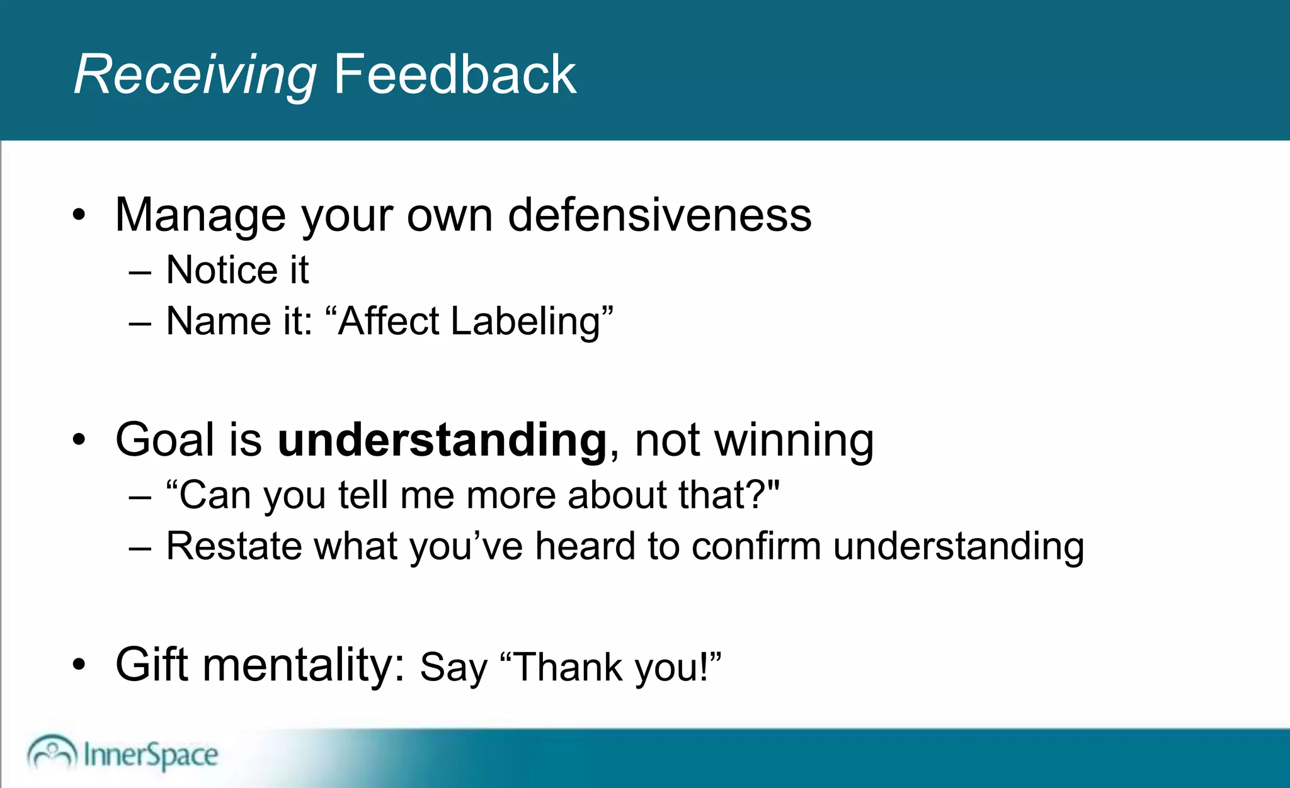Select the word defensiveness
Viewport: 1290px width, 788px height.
pyautogui.click(x=659, y=215)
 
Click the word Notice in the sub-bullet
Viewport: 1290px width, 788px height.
pyautogui.click(x=221, y=271)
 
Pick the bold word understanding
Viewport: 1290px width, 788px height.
pyautogui.click(x=442, y=440)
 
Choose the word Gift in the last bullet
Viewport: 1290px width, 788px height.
pyautogui.click(x=151, y=665)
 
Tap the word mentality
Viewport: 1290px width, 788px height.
pyautogui.click(x=303, y=666)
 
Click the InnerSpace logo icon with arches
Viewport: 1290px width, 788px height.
pyautogui.click(x=52, y=752)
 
